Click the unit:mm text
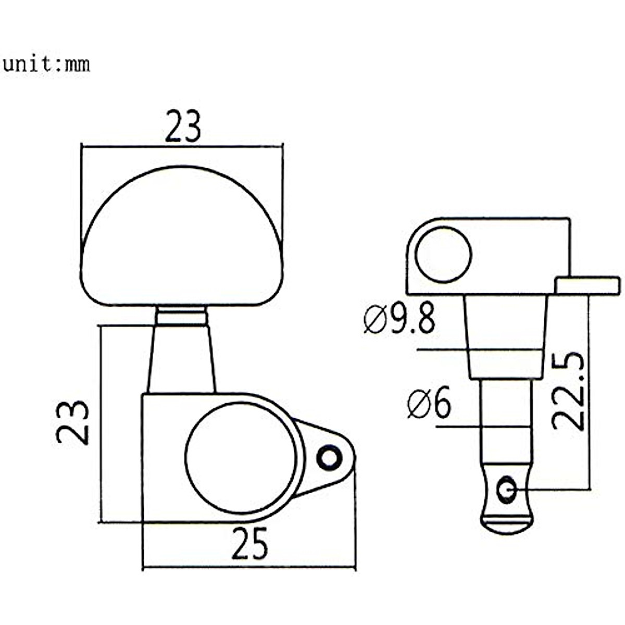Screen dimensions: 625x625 46,64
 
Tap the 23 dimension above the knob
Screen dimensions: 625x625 183,127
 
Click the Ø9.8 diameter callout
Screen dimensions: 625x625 399,320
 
